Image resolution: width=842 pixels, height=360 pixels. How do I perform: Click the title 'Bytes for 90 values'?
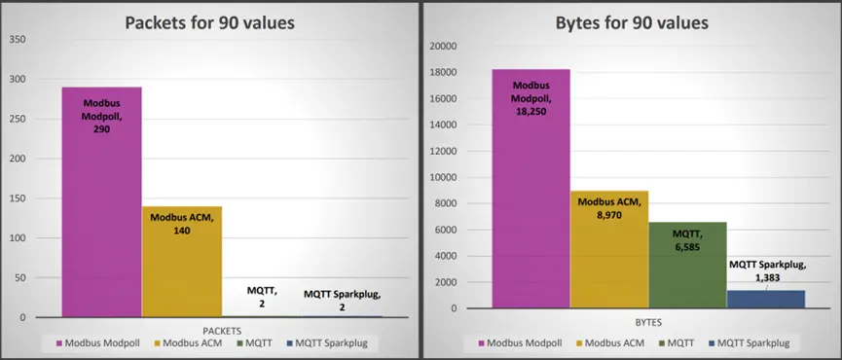[631, 23]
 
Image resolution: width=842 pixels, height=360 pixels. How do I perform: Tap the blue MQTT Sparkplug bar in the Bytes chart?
[766, 299]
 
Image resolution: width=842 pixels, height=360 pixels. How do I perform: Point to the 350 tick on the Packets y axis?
[18, 39]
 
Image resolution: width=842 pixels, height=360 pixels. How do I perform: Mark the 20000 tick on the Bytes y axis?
[443, 46]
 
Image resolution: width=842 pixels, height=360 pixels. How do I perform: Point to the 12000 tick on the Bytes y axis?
[443, 151]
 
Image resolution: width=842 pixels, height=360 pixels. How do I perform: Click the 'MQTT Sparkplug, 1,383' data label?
[766, 270]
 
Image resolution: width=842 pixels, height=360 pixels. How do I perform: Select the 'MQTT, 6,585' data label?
[687, 239]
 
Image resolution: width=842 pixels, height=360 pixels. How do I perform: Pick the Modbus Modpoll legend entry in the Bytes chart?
[526, 342]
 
